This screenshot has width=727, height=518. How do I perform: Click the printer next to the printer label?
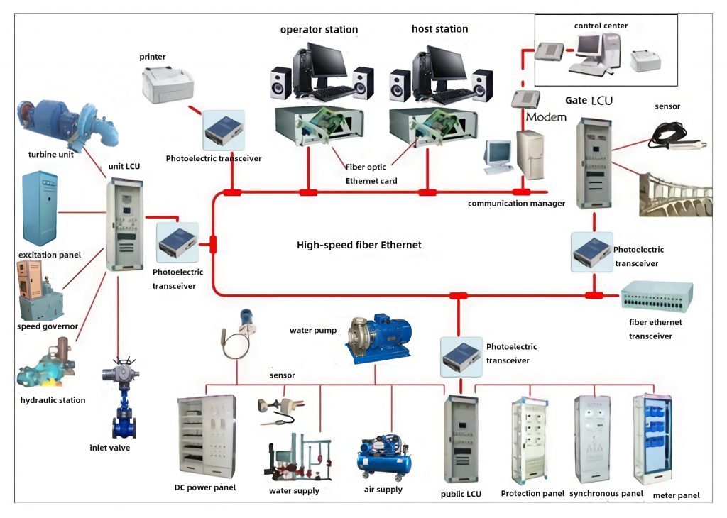[x=168, y=83]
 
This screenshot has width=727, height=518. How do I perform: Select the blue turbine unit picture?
[x=67, y=121]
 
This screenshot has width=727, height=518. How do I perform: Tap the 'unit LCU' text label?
[x=124, y=167]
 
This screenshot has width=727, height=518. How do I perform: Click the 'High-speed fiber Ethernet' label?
[x=359, y=246]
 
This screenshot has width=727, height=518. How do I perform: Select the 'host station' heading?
[x=439, y=29]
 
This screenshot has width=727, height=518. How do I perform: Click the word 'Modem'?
[x=546, y=116]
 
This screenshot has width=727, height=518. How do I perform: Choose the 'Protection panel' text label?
[x=532, y=493]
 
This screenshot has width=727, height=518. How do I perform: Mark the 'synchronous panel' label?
[x=606, y=493]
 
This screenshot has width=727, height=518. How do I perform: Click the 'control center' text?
[x=601, y=26]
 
